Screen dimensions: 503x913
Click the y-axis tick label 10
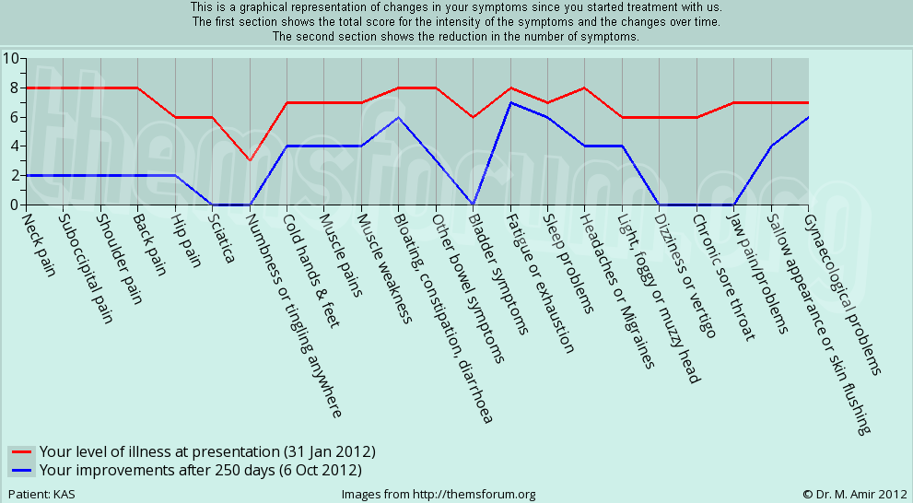[x=10, y=58]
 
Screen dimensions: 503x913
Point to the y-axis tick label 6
[x=14, y=117]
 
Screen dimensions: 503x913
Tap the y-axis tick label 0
[x=14, y=205]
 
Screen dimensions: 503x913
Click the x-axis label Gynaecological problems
[x=844, y=295]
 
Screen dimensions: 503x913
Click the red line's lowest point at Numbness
[x=250, y=160]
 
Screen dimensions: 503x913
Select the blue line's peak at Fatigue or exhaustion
[x=510, y=102]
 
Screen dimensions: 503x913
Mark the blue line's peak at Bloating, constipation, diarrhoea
[x=398, y=117]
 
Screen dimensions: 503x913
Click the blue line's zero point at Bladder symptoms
[x=473, y=205]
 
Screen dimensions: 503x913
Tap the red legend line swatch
[x=22, y=452]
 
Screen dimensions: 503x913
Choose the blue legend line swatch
[x=22, y=470]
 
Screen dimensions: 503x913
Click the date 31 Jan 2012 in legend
[x=328, y=452]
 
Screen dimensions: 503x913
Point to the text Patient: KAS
[x=41, y=495]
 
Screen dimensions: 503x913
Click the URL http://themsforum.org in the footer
[x=474, y=495]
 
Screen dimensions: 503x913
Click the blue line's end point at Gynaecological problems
[x=808, y=117]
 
